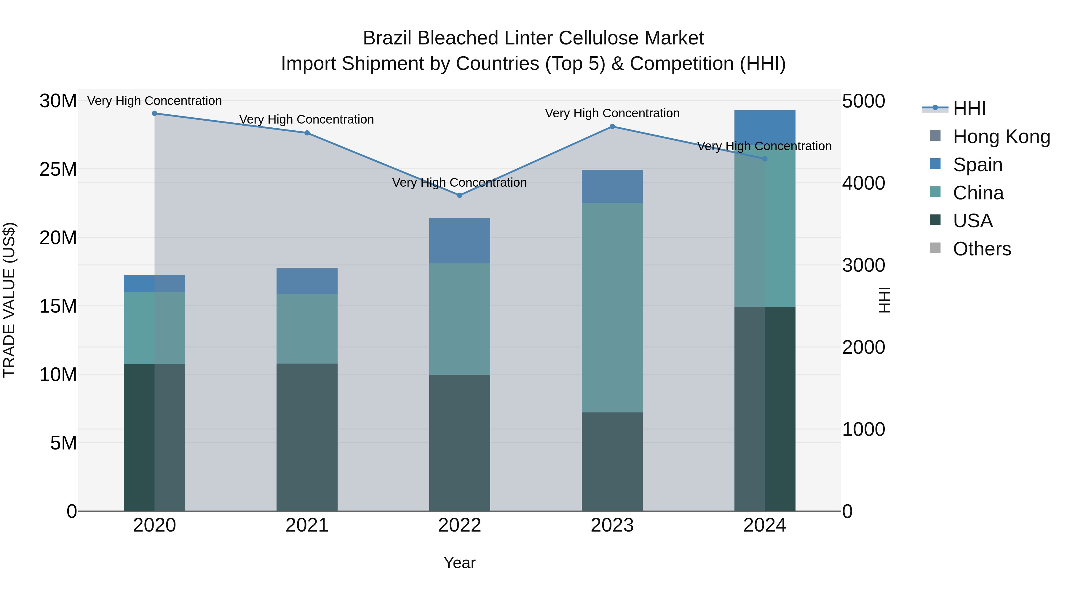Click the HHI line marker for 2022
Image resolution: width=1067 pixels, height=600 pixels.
click(x=459, y=195)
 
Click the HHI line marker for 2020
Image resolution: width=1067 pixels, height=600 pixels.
click(x=154, y=113)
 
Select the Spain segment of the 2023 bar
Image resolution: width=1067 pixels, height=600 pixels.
click(x=612, y=186)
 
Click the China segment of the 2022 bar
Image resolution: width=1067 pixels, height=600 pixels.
click(x=459, y=319)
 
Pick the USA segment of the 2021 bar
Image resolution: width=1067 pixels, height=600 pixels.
click(x=307, y=437)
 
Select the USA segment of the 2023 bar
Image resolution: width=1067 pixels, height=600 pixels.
click(x=612, y=461)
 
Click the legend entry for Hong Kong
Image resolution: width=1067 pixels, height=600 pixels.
click(x=1001, y=137)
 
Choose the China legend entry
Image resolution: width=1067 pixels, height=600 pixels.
click(x=978, y=193)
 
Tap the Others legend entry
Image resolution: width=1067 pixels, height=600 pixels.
click(x=982, y=249)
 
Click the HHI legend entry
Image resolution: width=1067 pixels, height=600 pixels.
click(x=969, y=108)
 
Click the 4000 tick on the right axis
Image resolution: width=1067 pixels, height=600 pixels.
click(x=864, y=183)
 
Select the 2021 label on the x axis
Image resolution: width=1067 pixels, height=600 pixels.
click(x=307, y=525)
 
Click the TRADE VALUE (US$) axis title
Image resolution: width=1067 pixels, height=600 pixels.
click(x=9, y=300)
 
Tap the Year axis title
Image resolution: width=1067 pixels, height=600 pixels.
click(x=459, y=563)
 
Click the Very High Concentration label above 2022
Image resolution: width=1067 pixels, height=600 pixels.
click(x=459, y=183)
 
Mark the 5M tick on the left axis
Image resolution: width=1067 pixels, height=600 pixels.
click(x=63, y=443)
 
